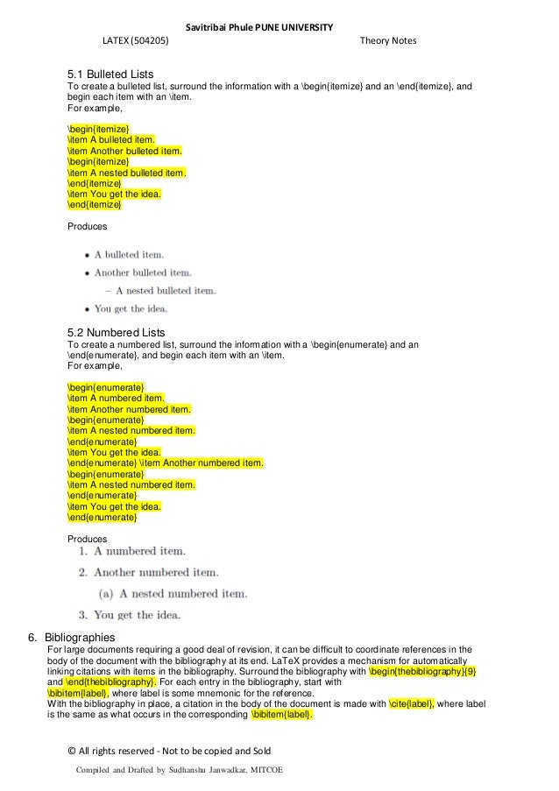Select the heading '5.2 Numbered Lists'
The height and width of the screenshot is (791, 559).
point(116,333)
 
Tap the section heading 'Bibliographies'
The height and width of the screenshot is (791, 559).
point(80,637)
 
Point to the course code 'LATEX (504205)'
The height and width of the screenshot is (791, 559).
point(137,41)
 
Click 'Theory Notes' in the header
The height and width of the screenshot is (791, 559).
point(387,41)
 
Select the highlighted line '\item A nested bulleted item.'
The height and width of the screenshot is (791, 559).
point(126,173)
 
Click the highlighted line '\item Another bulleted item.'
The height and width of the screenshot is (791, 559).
point(124,151)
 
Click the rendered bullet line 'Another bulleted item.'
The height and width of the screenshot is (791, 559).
point(143,272)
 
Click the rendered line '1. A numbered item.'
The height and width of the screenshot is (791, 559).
point(131,551)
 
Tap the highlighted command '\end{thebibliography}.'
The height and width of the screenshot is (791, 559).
point(111,682)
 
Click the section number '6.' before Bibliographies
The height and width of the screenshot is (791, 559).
point(35,637)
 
